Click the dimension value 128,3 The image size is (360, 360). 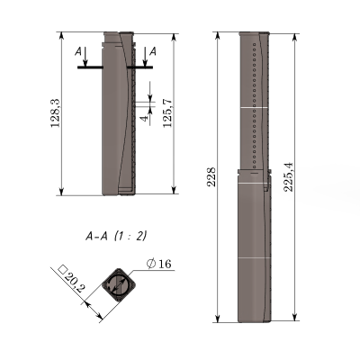tap(56, 113)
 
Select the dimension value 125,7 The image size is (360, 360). tap(167, 112)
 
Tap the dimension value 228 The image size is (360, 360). tap(212, 177)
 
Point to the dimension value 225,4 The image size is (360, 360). tap(289, 177)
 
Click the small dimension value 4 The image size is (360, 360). tap(145, 118)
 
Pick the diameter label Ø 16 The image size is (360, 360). tap(159, 264)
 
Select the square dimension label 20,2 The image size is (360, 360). tap(75, 283)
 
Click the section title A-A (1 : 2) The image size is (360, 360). tap(116, 237)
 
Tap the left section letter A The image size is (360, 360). tap(78, 52)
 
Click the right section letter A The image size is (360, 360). tap(153, 51)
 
